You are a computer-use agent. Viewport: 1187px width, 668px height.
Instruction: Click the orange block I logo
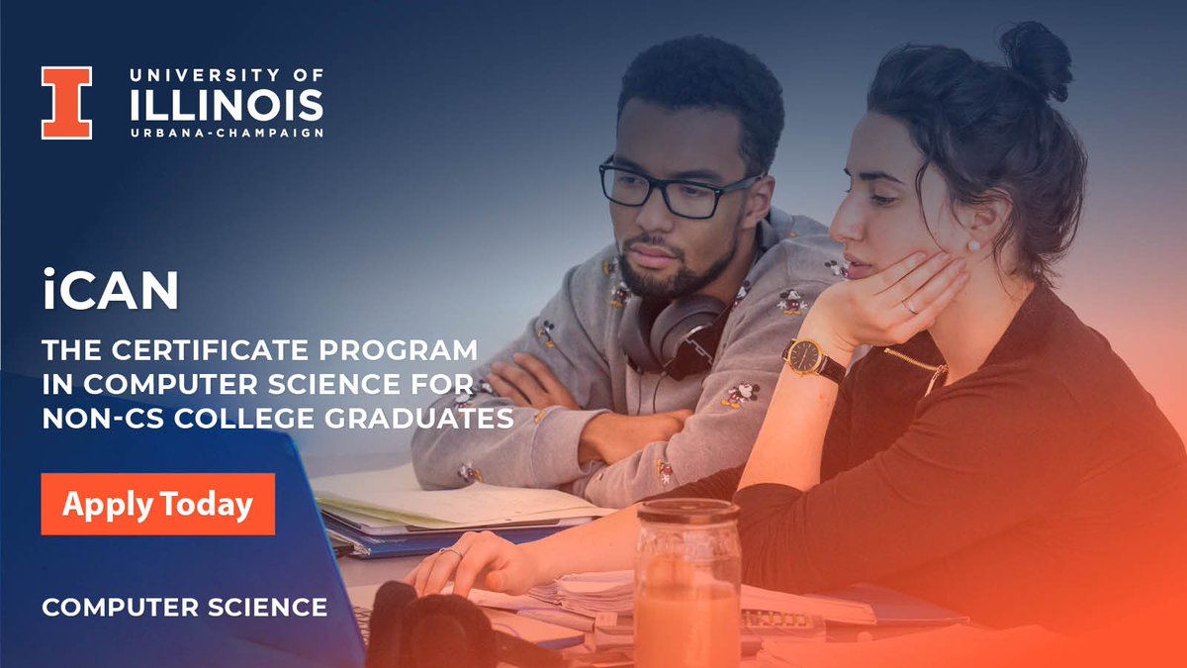tap(66, 103)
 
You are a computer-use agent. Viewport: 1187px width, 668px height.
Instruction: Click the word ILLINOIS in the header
tap(227, 104)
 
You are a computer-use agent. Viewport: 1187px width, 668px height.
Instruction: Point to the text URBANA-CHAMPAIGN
tap(227, 133)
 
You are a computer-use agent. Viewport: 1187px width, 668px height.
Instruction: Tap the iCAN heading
tap(110, 291)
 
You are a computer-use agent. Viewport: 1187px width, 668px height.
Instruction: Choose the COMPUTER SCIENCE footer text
tap(184, 606)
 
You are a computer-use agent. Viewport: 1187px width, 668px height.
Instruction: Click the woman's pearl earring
tap(972, 245)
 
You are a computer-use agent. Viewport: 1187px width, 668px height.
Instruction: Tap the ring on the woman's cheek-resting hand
tap(907, 307)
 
